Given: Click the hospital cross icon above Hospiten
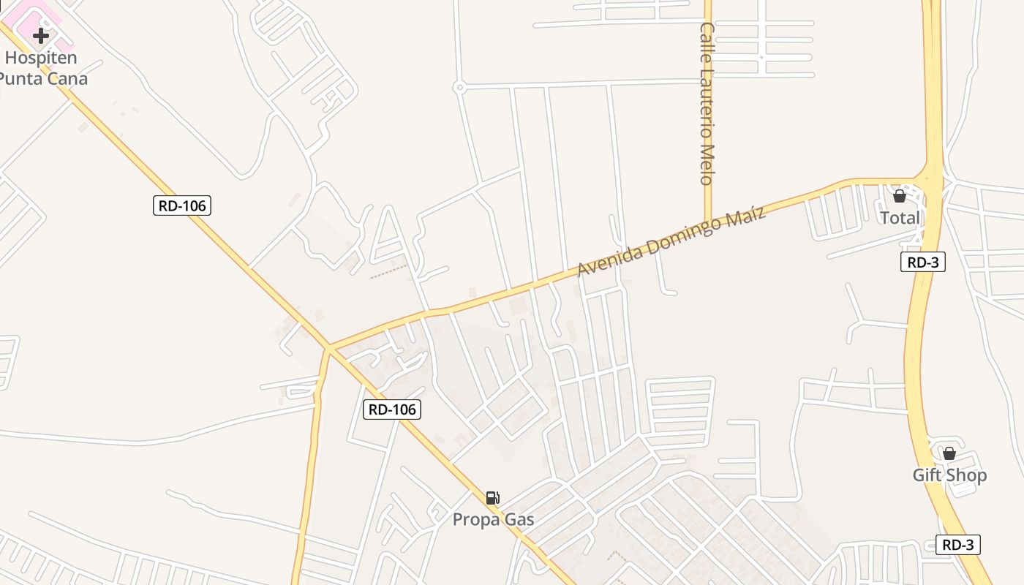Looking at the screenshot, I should [41, 35].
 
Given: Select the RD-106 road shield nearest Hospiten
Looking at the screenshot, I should [182, 205].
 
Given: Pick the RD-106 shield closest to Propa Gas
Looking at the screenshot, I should [392, 409].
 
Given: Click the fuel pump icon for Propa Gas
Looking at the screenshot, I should [493, 498].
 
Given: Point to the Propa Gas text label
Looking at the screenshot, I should [493, 520].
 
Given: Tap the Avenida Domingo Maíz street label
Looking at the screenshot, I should [671, 241].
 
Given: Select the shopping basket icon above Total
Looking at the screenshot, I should [900, 196].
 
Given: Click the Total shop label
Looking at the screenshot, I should [900, 218].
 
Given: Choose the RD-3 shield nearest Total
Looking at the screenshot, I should [922, 262].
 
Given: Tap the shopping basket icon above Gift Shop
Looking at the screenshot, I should [949, 453].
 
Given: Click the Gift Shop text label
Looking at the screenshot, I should [949, 475].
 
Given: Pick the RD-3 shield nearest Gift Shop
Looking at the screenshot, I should [957, 545].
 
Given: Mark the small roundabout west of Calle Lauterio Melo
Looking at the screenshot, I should [459, 87].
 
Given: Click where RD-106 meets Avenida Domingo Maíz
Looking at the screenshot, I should [328, 349].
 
